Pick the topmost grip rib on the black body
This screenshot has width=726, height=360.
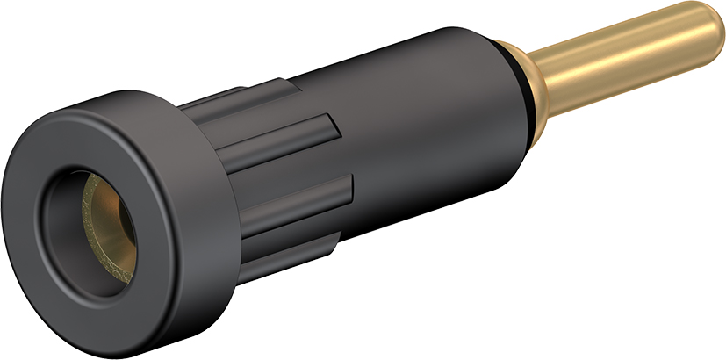tap(263, 96)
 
